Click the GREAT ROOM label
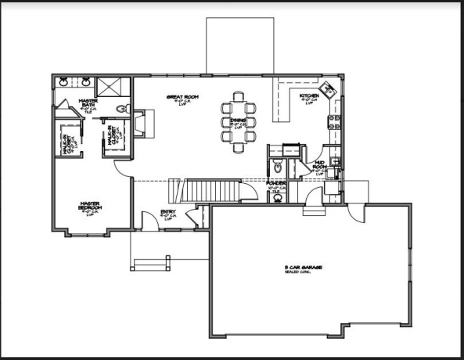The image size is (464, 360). [x=183, y=98]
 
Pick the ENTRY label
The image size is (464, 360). [x=167, y=212]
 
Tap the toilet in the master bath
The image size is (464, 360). [x=121, y=108]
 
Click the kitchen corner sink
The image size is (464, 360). [x=332, y=92]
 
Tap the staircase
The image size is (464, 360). [x=207, y=190]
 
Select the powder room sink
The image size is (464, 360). [x=278, y=197]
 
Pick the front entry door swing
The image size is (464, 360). [x=149, y=219]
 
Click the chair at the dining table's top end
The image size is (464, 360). [x=237, y=97]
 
